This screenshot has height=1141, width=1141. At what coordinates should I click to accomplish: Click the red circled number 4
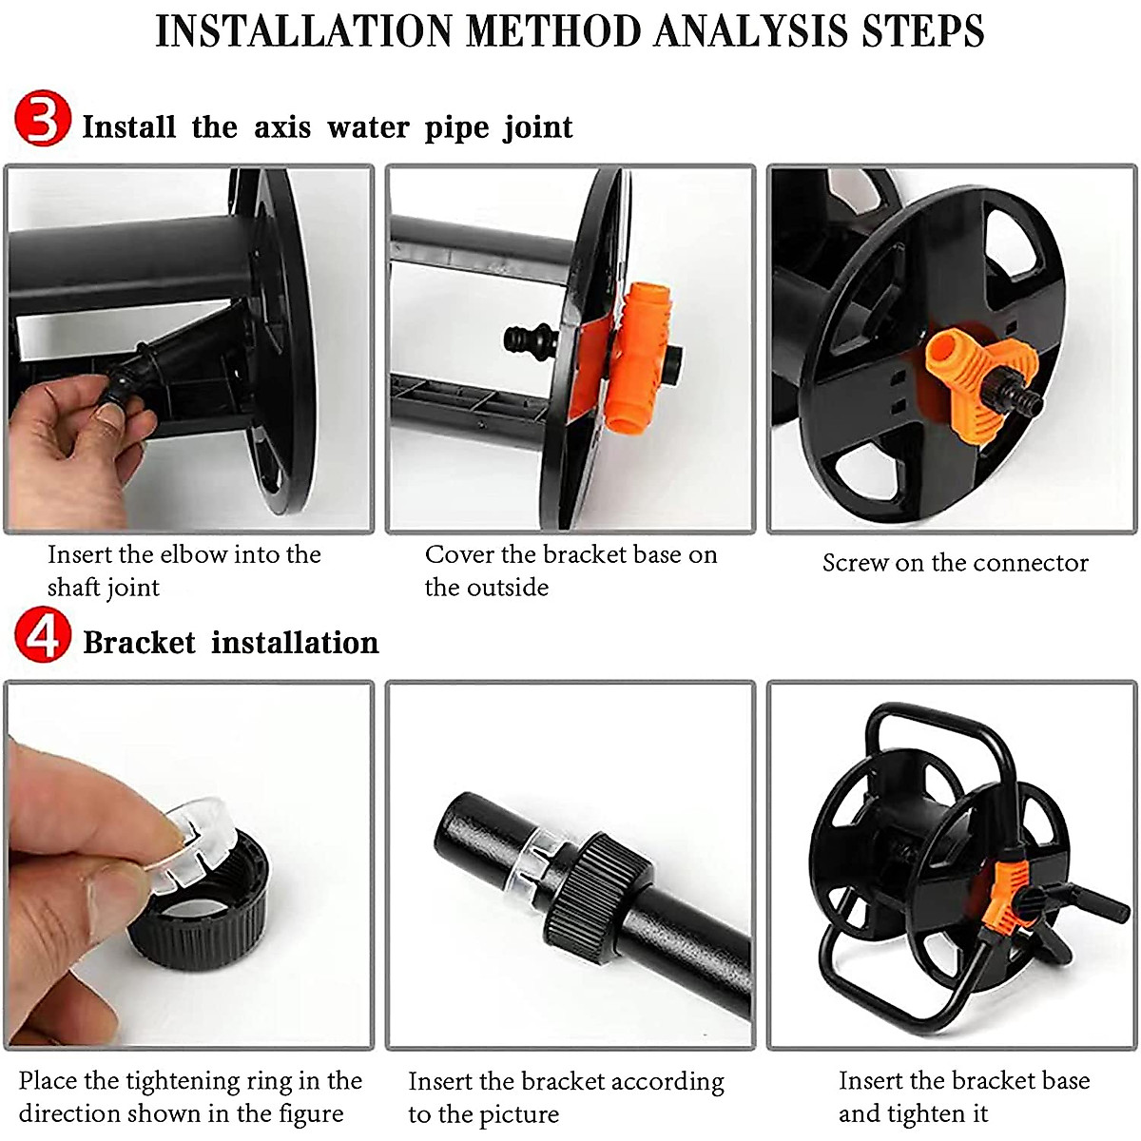[42, 638]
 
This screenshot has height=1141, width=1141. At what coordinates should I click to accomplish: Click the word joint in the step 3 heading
[538, 127]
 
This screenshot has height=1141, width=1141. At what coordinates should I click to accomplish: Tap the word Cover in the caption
[459, 554]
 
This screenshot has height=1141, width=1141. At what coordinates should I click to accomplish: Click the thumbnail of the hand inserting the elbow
[189, 349]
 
